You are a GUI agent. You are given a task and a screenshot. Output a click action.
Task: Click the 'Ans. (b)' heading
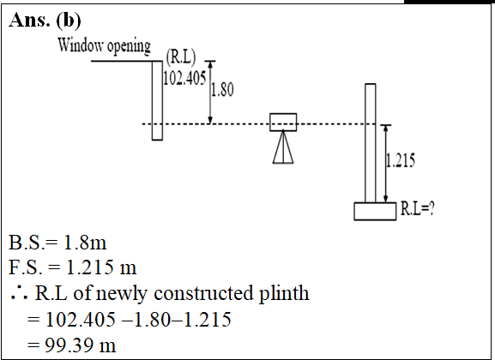pyautogui.click(x=45, y=20)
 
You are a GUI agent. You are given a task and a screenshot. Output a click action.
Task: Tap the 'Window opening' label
pyautogui.click(x=104, y=45)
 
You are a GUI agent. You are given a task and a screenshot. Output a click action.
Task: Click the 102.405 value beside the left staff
pyautogui.click(x=184, y=78)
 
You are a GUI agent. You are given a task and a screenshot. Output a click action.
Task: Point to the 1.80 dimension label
pyautogui.click(x=222, y=89)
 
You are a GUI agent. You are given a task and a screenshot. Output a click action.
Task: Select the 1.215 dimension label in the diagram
pyautogui.click(x=401, y=160)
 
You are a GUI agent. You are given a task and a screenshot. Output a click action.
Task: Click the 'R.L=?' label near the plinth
pyautogui.click(x=417, y=208)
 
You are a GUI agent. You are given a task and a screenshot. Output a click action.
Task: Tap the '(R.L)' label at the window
pyautogui.click(x=181, y=57)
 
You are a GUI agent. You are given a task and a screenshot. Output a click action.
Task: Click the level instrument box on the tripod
pyautogui.click(x=283, y=122)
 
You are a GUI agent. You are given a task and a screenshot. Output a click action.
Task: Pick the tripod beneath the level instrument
pyautogui.click(x=283, y=147)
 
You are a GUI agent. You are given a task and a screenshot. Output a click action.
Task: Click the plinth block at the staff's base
pyautogui.click(x=375, y=211)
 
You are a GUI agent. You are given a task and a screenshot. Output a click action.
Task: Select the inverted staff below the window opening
pyautogui.click(x=157, y=100)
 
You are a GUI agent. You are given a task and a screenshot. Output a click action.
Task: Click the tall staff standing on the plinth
pyautogui.click(x=371, y=143)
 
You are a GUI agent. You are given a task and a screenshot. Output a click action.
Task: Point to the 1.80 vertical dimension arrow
pyautogui.click(x=210, y=92)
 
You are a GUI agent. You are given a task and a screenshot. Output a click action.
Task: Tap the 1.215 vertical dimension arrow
pyautogui.click(x=385, y=164)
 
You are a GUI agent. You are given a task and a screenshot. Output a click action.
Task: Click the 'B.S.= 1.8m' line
pyautogui.click(x=57, y=243)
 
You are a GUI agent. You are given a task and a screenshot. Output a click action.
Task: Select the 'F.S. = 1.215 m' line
pyautogui.click(x=73, y=267)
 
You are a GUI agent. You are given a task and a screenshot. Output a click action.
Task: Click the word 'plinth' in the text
pyautogui.click(x=284, y=293)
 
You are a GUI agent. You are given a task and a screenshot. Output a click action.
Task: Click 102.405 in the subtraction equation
pyautogui.click(x=81, y=319)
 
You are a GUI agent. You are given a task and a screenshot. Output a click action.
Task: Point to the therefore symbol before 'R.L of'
pyautogui.click(x=19, y=292)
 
